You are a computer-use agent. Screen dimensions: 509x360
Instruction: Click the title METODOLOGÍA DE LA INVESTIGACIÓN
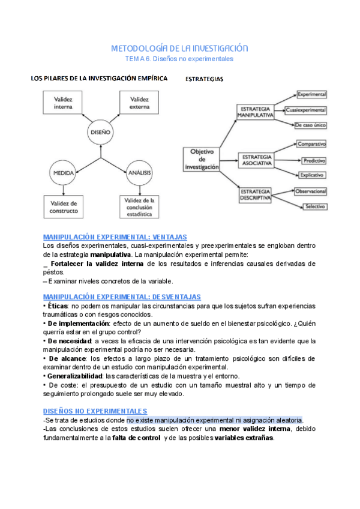coord(179,48)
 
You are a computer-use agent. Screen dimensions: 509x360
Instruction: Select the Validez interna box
coord(63,103)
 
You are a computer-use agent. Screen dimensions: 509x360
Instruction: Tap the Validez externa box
coord(140,103)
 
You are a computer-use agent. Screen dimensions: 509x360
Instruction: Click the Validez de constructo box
coord(63,207)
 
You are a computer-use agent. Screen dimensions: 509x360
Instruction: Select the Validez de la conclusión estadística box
coord(140,207)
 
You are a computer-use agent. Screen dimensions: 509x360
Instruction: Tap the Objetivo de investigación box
coord(201,159)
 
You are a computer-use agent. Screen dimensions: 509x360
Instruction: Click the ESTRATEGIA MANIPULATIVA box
coord(255,110)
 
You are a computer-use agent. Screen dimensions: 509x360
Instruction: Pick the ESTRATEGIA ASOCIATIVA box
coord(257,160)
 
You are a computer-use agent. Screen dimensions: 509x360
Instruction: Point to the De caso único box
coord(310,125)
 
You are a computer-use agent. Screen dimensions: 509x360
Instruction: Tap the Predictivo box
coord(314,161)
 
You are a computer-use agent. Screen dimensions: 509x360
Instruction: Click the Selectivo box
coord(314,206)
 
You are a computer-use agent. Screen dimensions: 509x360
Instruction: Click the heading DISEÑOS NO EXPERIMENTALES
coord(95,411)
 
